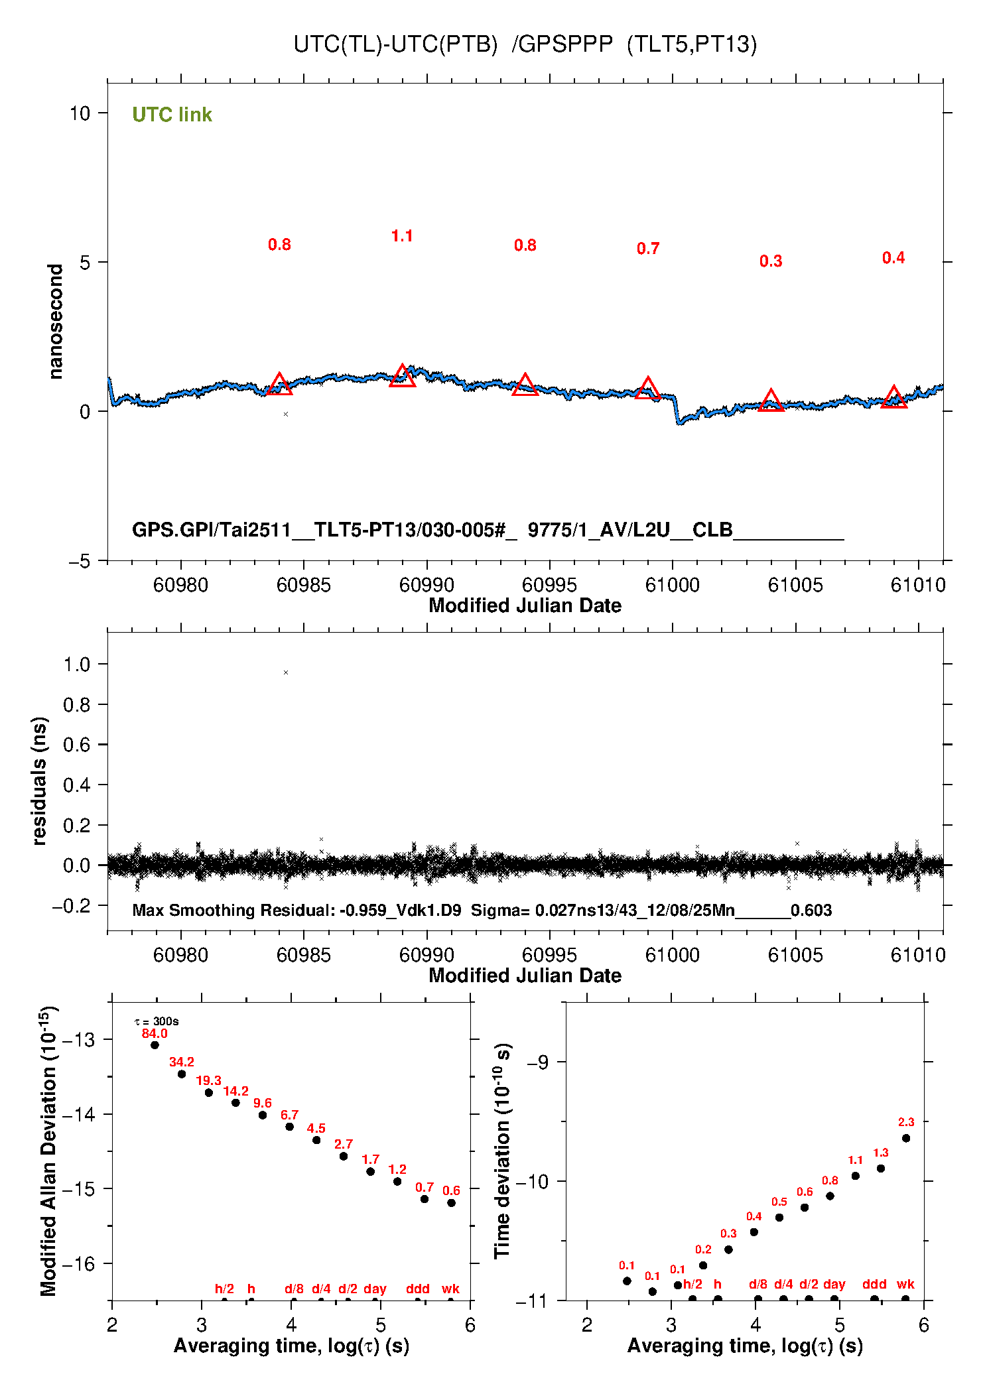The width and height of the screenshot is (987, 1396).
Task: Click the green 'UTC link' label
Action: pos(172,115)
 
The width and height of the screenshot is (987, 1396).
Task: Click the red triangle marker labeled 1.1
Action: pos(402,377)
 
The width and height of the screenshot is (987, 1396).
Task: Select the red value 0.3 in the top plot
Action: pos(771,261)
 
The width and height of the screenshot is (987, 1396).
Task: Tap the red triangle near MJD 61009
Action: pos(893,398)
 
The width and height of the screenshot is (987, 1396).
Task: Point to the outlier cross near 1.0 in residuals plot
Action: pos(286,672)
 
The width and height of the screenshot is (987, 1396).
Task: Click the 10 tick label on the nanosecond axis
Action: pos(80,113)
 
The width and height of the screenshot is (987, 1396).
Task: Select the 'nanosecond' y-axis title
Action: pos(55,321)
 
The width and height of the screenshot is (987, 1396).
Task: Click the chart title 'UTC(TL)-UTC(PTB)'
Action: pos(395,44)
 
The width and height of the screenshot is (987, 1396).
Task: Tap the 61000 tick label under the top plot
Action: pos(672,585)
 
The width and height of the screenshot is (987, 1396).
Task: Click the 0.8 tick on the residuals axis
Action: pos(76,705)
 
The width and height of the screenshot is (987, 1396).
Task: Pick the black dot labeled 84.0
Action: pos(155,1045)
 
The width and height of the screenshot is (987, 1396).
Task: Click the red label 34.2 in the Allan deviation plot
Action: pos(182,1062)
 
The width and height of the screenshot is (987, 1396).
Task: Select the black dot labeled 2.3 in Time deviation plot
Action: pos(906,1138)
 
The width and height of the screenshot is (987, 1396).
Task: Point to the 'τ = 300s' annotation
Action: pos(157,1021)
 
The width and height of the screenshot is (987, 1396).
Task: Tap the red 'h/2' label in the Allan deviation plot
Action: pos(224,1289)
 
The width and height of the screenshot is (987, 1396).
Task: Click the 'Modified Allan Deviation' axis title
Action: pos(48,1151)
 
